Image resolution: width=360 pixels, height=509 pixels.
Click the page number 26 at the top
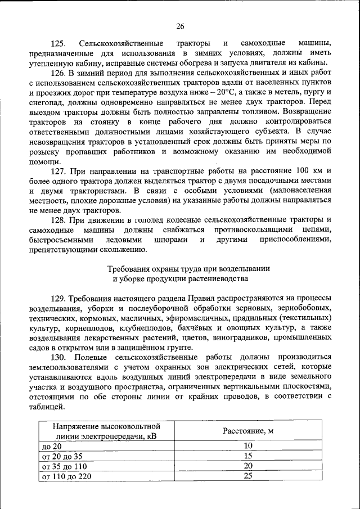(180, 26)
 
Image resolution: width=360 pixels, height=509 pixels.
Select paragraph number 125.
(58, 44)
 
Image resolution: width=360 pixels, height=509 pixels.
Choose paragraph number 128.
(58, 219)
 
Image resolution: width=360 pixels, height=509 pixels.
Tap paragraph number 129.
(58, 298)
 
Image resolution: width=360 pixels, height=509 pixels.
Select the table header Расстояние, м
(247, 431)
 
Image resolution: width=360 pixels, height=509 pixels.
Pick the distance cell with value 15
(247, 457)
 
